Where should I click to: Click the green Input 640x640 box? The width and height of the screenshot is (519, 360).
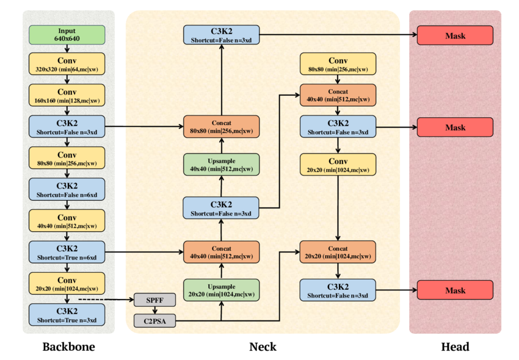coord(67,35)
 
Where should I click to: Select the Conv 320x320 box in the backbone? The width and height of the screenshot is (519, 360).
coord(67,64)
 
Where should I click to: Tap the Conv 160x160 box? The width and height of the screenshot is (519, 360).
coord(67,95)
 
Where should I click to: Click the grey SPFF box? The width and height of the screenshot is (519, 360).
coord(154,300)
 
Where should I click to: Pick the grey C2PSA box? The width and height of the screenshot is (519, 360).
coord(154,320)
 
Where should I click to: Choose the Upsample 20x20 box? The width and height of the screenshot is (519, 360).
coord(222,290)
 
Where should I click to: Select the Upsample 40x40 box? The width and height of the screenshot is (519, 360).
coord(222,164)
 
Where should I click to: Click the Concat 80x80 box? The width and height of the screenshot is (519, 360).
coord(222,127)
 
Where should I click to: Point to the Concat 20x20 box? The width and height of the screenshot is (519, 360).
coord(338,252)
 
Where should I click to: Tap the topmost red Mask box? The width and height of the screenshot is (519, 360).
coord(455,35)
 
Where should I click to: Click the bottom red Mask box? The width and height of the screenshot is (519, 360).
coord(455,290)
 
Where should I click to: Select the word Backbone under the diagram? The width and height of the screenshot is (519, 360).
coord(68,347)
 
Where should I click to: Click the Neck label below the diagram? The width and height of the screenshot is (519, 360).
coord(263,347)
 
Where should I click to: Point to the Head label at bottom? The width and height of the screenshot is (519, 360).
coord(455,347)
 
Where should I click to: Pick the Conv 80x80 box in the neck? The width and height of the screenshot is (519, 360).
coord(338,64)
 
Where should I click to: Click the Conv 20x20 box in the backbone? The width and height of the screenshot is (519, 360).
coord(67,284)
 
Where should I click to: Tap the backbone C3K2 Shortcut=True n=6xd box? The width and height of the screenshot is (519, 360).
coord(67,252)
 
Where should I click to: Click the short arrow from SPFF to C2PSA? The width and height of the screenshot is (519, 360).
coord(154,310)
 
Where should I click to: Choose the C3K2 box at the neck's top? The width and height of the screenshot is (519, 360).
coord(222,35)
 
